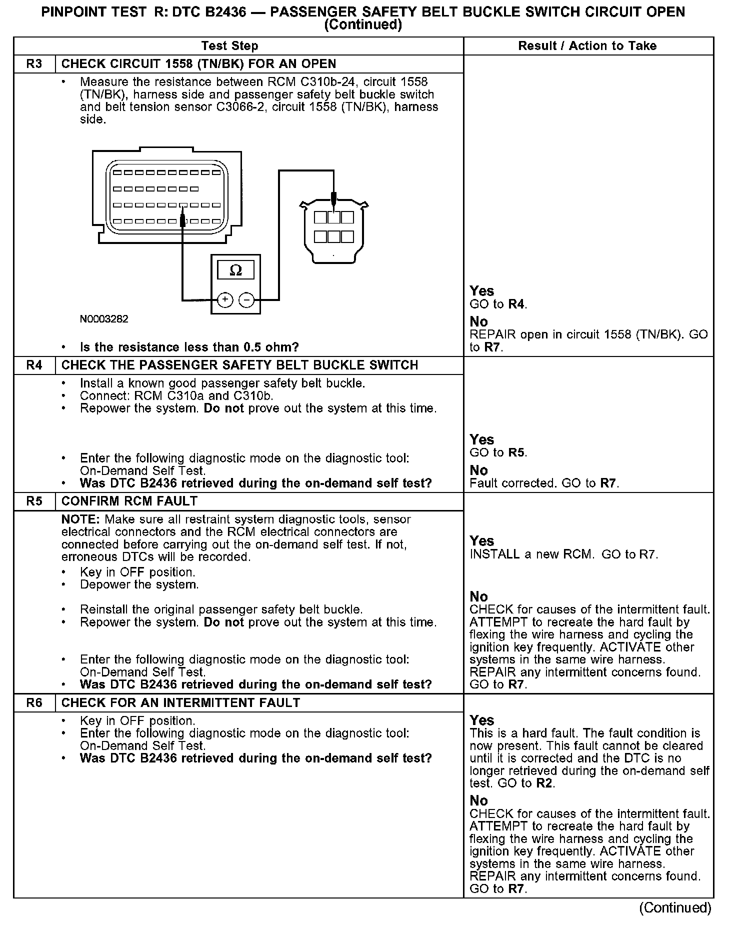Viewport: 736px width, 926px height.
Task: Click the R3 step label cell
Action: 34,64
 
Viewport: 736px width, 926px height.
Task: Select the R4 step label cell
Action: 34,365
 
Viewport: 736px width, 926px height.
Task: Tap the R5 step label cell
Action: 34,501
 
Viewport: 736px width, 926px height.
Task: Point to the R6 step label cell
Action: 34,702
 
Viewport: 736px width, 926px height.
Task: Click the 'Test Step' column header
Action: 229,46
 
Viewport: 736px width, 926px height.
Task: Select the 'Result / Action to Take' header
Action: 587,46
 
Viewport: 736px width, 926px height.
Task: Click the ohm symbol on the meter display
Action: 235,270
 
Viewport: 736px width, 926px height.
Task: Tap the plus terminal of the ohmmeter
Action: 225,299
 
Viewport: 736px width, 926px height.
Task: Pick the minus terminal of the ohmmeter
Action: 246,299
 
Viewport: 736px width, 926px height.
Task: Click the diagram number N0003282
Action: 104,319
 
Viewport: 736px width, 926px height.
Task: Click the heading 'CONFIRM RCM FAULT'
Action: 129,501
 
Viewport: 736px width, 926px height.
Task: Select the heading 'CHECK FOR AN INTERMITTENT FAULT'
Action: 180,702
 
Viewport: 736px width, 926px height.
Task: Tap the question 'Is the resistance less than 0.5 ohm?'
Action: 189,347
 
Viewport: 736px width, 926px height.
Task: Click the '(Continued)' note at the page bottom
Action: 675,907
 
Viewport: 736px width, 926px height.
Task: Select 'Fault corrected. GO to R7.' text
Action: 544,483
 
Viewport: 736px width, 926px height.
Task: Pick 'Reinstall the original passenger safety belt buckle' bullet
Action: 221,609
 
